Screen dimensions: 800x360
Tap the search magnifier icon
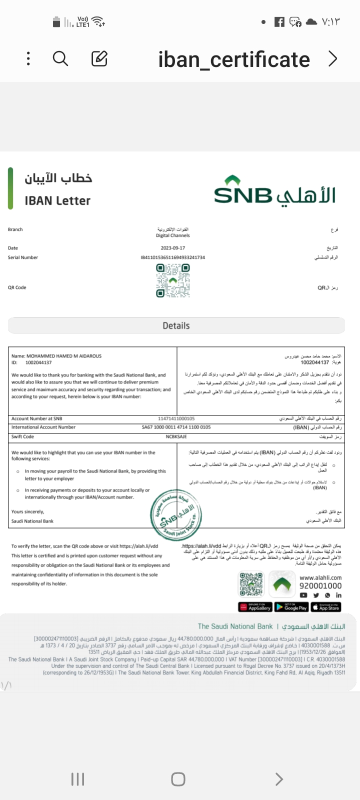(x=60, y=59)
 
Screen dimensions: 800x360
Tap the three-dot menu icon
(x=28, y=59)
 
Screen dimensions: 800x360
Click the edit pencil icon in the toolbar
(x=99, y=59)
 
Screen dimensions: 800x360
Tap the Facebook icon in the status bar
(x=279, y=22)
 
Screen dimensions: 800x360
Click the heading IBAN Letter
(x=57, y=201)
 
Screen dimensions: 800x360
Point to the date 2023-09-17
(x=173, y=248)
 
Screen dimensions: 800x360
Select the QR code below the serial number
(x=173, y=280)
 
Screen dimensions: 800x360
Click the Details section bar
(x=176, y=325)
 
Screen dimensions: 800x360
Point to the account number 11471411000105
(x=176, y=418)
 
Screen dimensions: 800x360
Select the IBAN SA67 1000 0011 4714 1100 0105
(x=176, y=427)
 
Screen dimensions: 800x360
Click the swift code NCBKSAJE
(x=176, y=436)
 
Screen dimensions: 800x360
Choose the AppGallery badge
(x=255, y=607)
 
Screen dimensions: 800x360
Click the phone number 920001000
(x=320, y=586)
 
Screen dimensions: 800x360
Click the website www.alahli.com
(x=320, y=577)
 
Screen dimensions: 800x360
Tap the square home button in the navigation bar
(x=178, y=779)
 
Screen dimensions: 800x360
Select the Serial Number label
(x=23, y=257)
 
